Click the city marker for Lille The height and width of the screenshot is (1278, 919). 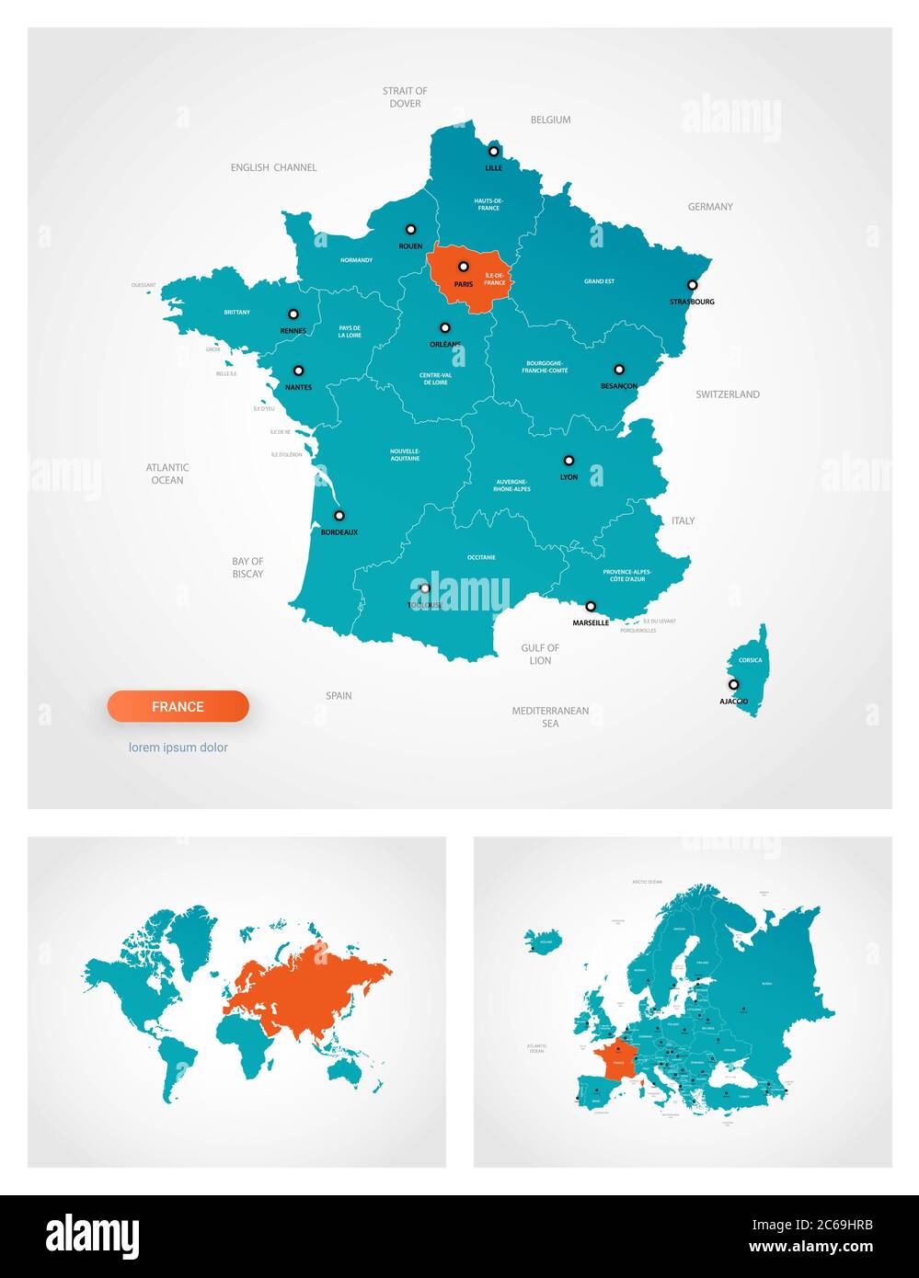pyautogui.click(x=494, y=152)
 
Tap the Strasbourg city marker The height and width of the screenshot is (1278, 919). pyautogui.click(x=693, y=285)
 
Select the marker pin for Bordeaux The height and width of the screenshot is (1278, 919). pyautogui.click(x=339, y=516)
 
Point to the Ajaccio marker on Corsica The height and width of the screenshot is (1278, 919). pyautogui.click(x=733, y=685)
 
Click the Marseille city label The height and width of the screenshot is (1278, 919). pyautogui.click(x=591, y=622)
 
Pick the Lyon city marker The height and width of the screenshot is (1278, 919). pyautogui.click(x=569, y=461)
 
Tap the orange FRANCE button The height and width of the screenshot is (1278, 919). pyautogui.click(x=178, y=706)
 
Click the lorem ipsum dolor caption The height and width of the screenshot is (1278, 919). pyautogui.click(x=178, y=747)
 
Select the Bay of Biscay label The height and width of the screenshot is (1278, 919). pyautogui.click(x=247, y=567)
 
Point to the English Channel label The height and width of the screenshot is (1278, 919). pyautogui.click(x=273, y=167)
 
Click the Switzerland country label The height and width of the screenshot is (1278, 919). pyautogui.click(x=728, y=394)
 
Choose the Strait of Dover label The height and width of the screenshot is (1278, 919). pyautogui.click(x=405, y=97)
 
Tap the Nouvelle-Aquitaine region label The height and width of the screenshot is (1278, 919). pyautogui.click(x=405, y=454)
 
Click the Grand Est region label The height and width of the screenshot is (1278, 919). pyautogui.click(x=599, y=281)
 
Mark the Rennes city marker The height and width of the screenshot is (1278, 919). pyautogui.click(x=293, y=314)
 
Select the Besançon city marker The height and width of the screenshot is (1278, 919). pyautogui.click(x=619, y=370)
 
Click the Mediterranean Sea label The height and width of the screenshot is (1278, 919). pyautogui.click(x=550, y=717)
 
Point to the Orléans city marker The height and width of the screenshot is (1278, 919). pyautogui.click(x=445, y=327)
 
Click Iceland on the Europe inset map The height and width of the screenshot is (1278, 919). pyautogui.click(x=544, y=941)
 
